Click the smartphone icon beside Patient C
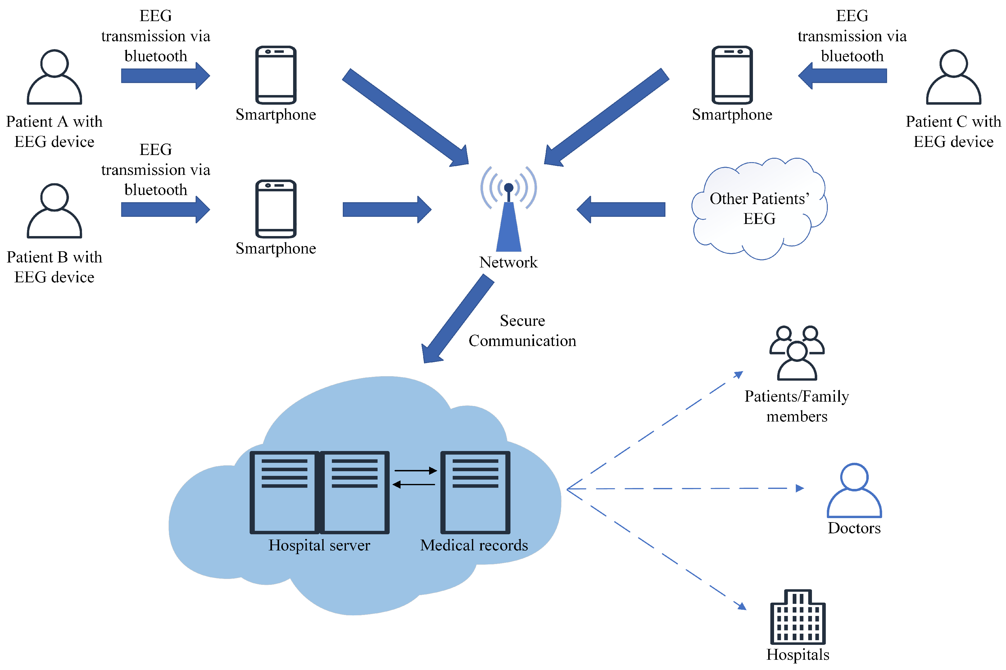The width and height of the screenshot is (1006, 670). tap(732, 75)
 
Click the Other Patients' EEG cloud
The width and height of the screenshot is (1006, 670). tap(759, 208)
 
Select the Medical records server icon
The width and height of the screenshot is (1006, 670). tap(475, 492)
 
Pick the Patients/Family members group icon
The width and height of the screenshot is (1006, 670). tap(797, 353)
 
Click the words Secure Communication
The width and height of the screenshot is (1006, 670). tap(522, 331)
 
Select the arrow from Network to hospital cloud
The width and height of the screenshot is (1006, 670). tap(458, 319)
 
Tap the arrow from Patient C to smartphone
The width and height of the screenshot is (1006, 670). tap(842, 75)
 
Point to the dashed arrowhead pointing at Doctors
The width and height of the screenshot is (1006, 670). tap(800, 488)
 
